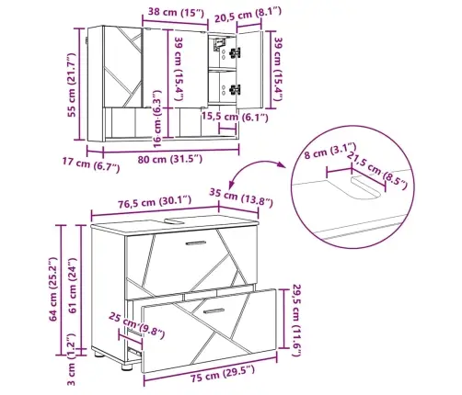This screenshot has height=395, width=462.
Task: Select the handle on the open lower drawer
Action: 214,311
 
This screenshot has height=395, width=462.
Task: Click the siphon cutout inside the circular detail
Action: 365,188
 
